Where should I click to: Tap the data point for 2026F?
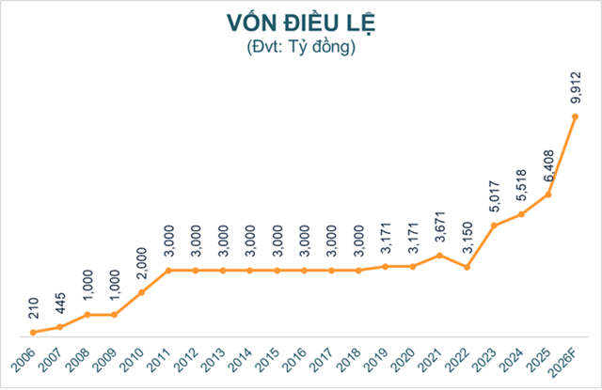576,117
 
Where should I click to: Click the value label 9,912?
576,87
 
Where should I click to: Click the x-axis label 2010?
135,361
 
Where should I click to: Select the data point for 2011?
168,271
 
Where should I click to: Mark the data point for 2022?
467,268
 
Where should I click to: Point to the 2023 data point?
495,226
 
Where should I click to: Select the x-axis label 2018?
352,361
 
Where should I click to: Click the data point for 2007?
59,327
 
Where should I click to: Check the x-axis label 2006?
25,361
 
